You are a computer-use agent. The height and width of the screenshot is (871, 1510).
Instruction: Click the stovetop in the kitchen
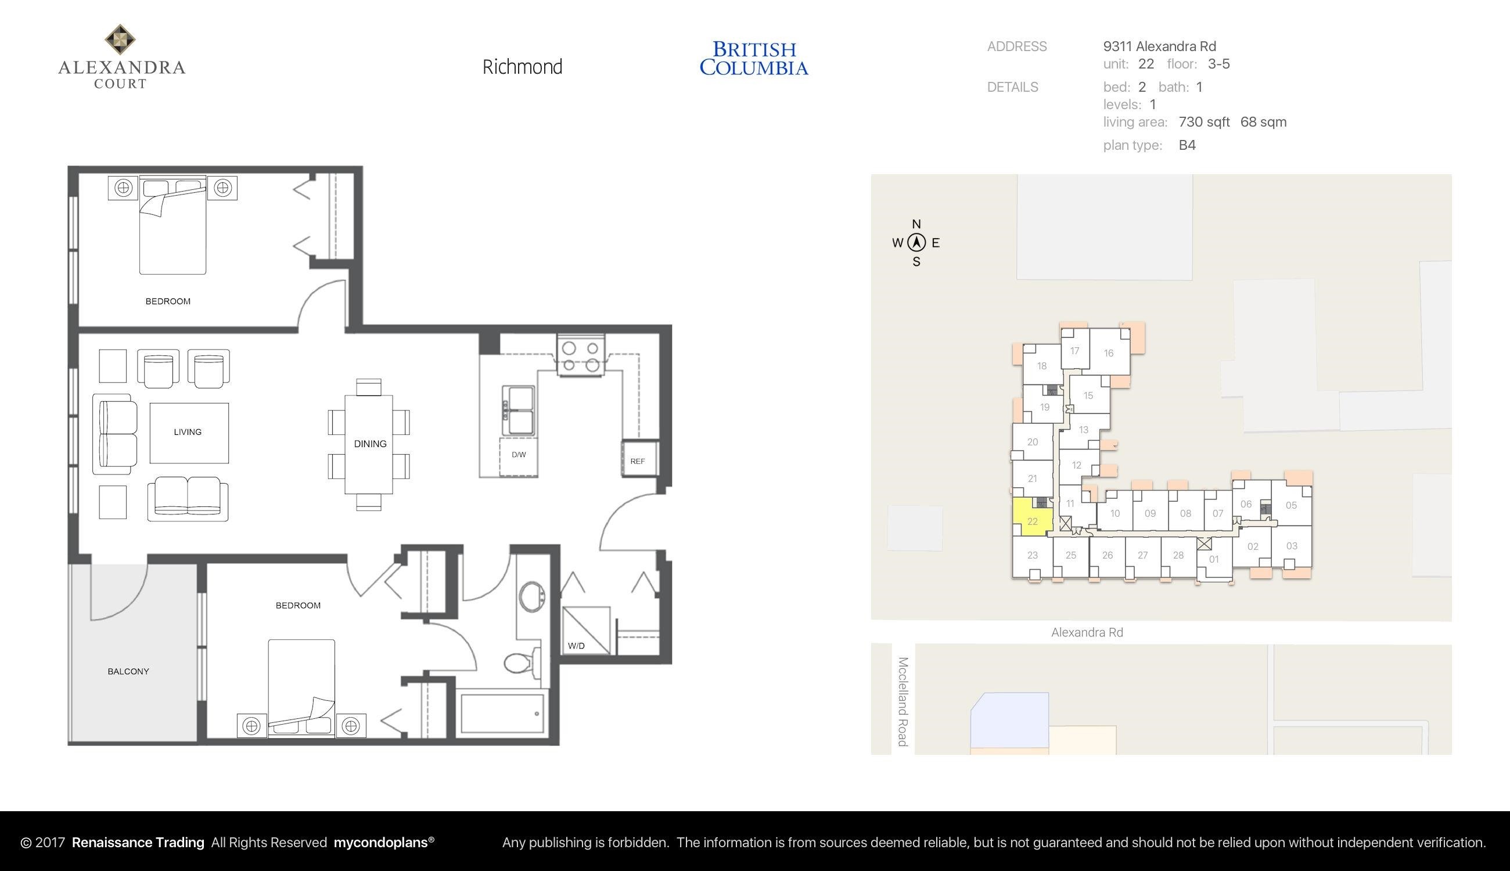[x=580, y=357]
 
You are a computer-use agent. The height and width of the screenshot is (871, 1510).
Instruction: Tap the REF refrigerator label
[x=637, y=461]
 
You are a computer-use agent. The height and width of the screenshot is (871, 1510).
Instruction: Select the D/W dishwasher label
[x=519, y=455]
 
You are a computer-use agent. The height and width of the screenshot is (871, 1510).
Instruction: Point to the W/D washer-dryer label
[x=576, y=646]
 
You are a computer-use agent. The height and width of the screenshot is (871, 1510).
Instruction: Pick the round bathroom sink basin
[x=531, y=596]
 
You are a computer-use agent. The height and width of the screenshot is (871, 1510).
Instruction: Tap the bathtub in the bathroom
[x=502, y=714]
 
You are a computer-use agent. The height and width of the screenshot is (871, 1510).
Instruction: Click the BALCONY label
[x=128, y=671]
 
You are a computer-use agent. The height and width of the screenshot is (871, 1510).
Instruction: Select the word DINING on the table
[x=371, y=444]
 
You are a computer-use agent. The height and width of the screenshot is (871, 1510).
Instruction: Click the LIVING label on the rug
[x=188, y=432]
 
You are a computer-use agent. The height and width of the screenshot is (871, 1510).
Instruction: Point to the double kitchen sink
[x=518, y=411]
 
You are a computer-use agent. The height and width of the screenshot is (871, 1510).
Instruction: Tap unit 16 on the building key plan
[x=1109, y=353]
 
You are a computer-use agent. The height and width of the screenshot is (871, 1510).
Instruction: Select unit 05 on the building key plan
[x=1292, y=506]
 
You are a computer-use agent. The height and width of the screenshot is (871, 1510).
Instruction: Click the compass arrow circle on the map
[x=916, y=243]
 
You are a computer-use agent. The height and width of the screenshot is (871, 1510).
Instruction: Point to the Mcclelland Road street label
[x=903, y=701]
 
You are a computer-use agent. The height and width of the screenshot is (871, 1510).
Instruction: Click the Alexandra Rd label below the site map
[x=1087, y=632]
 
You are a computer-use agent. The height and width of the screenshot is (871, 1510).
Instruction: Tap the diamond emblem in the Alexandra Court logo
[x=120, y=39]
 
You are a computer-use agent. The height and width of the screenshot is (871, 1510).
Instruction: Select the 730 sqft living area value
[x=1204, y=122]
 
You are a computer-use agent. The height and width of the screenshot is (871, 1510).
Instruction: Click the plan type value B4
[x=1187, y=145]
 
